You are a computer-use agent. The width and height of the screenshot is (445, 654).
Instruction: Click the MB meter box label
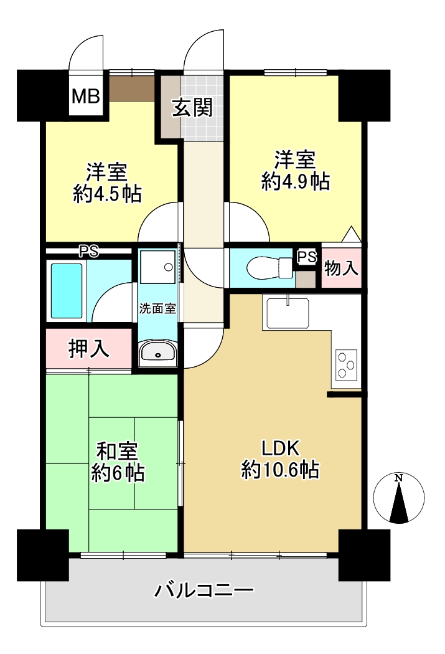tap(86, 96)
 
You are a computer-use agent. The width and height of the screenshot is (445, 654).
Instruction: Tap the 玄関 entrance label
tap(192, 108)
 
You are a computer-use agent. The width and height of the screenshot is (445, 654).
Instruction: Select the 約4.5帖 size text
tap(108, 194)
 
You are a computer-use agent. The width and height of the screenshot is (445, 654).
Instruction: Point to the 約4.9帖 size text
tap(296, 182)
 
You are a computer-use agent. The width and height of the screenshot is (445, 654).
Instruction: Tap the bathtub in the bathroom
tap(66, 290)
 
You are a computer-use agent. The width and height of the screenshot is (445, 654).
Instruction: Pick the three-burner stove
tap(347, 364)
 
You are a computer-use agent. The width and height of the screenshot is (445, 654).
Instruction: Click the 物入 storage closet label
tap(341, 268)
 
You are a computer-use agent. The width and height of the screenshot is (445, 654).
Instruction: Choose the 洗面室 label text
tap(158, 309)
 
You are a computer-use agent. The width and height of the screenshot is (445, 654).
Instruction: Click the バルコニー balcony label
tap(204, 590)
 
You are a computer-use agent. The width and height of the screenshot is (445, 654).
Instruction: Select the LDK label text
tap(281, 449)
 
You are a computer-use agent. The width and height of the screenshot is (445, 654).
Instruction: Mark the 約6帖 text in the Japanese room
tap(118, 473)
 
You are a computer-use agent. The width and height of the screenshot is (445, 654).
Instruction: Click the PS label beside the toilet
tap(307, 257)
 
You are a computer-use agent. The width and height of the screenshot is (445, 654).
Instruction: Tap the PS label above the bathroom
tap(89, 252)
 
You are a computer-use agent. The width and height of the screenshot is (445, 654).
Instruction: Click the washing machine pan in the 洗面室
tap(157, 267)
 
